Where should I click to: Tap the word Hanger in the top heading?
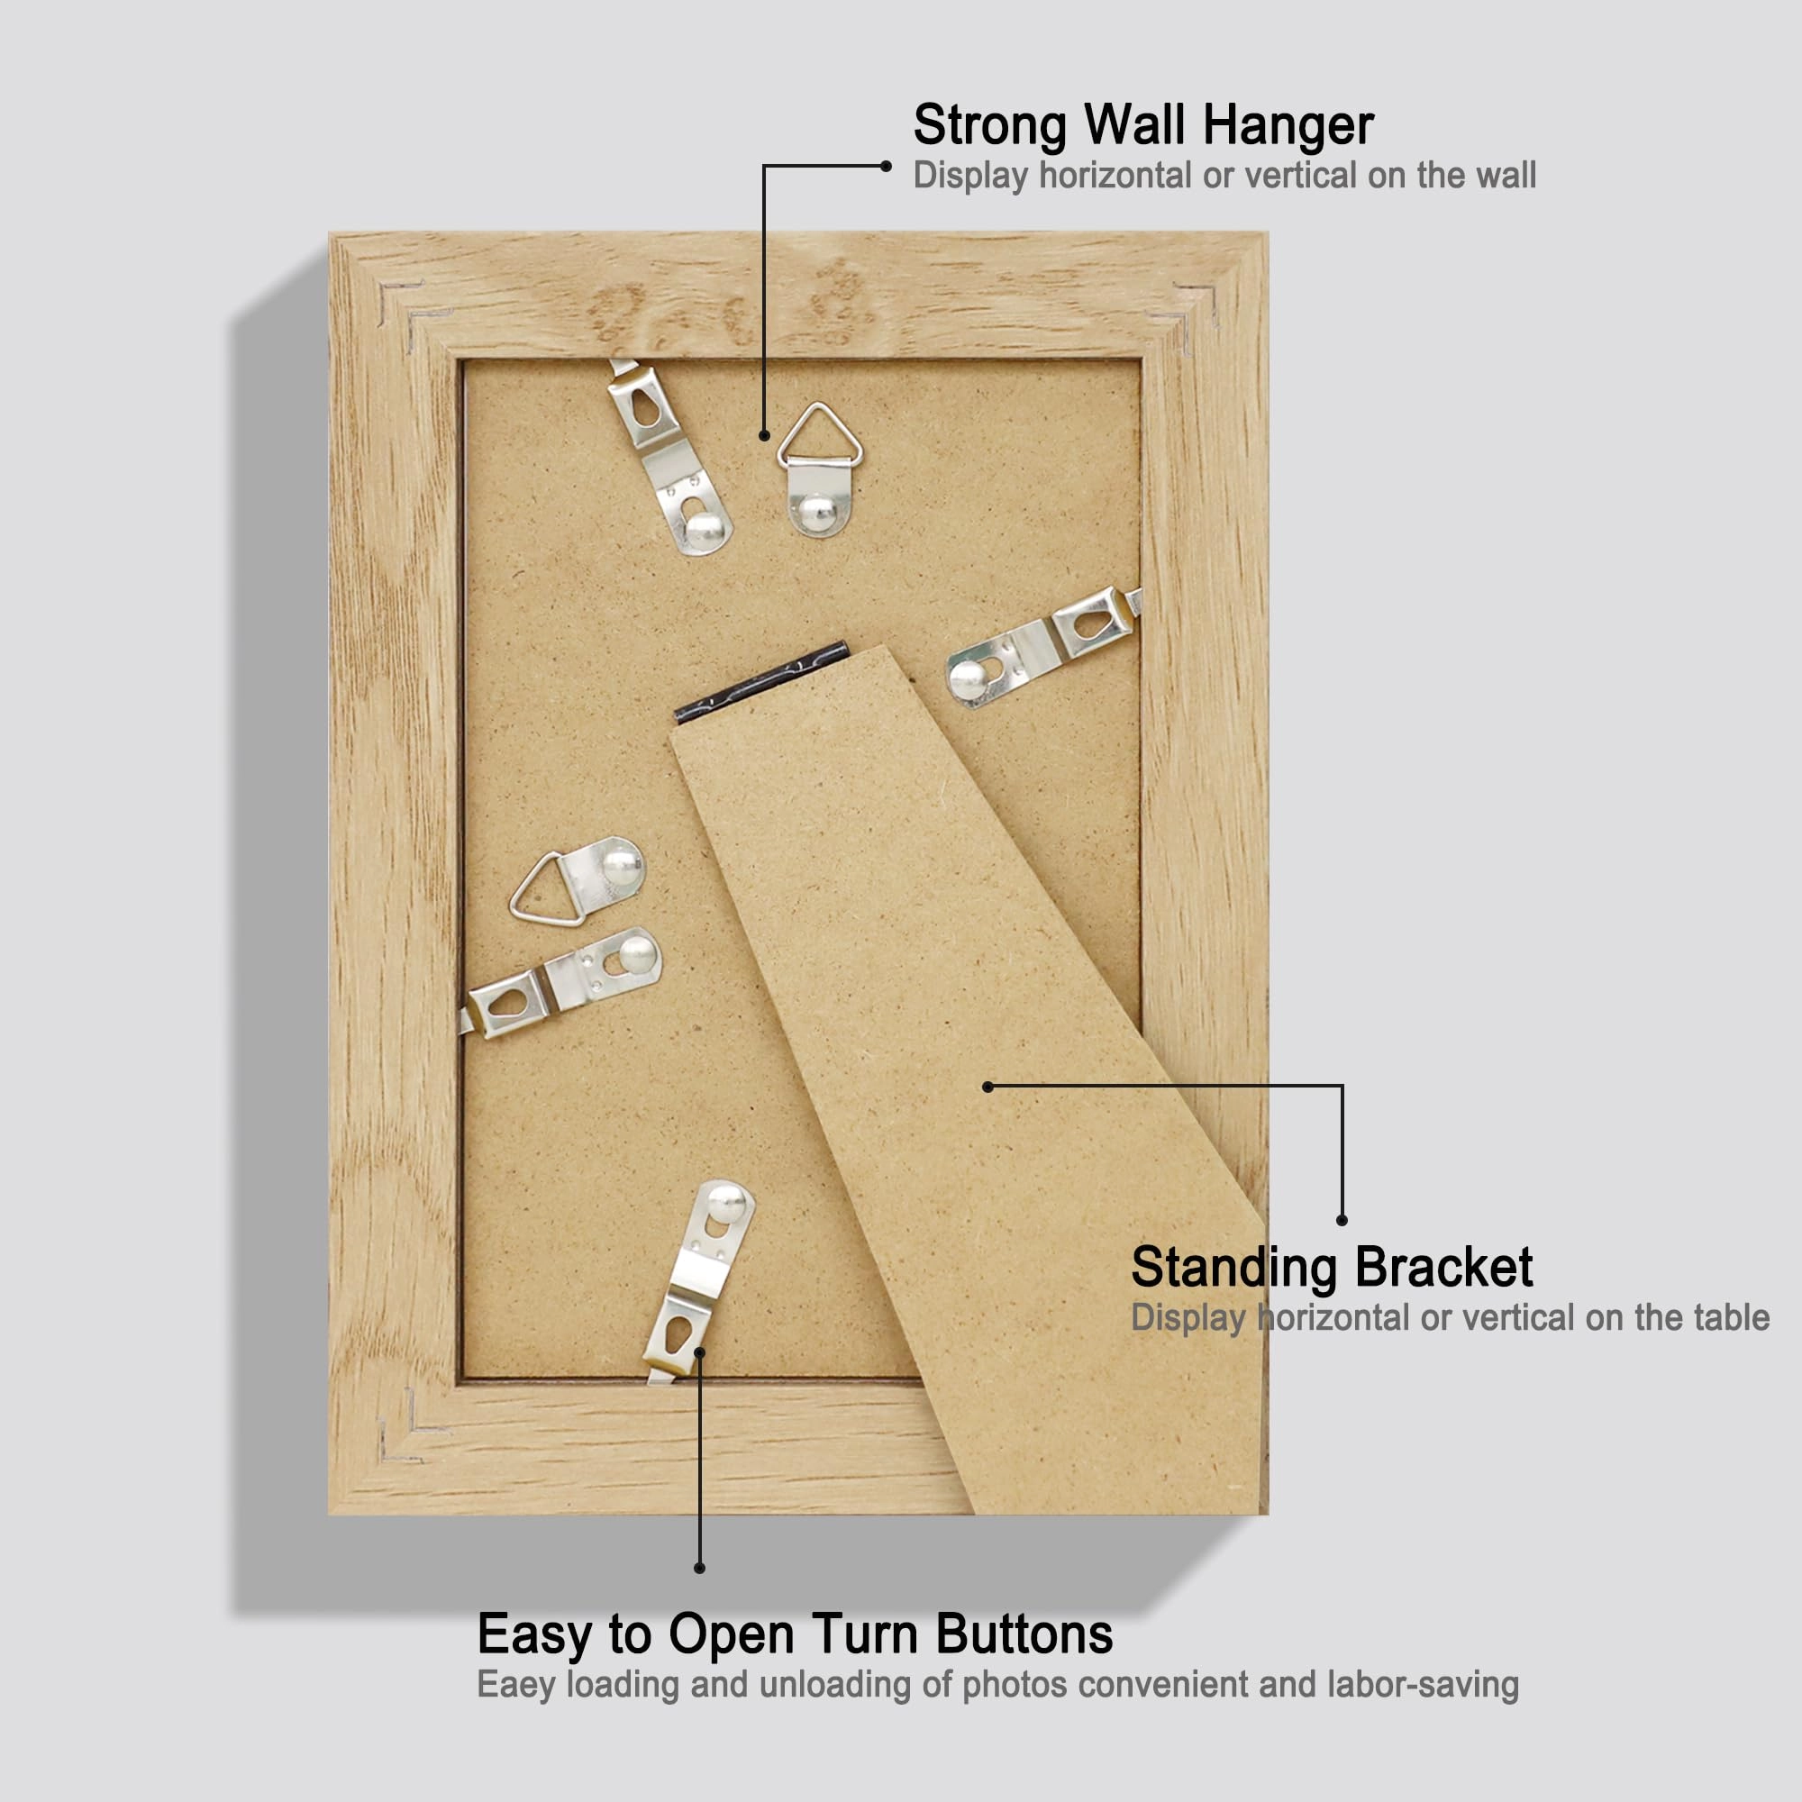[1288, 126]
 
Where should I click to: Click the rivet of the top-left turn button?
[705, 530]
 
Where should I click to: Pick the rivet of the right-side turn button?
[966, 678]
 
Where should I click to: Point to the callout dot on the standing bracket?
[987, 1087]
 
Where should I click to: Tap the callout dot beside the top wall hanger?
[764, 435]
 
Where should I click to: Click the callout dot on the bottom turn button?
[699, 1351]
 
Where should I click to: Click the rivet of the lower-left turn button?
[637, 953]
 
